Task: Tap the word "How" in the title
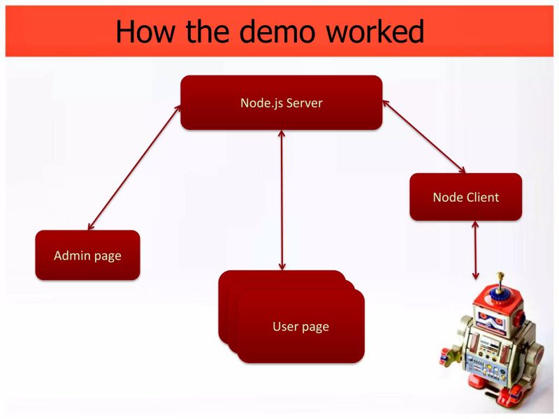144,31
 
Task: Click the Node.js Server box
281,103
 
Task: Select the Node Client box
465,197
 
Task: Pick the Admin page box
87,256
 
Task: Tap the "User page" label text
300,326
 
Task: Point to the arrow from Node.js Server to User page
282,200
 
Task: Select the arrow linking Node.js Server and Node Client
423,135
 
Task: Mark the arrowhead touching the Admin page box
90,226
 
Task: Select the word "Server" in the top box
306,103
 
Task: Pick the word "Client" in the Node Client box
483,197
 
